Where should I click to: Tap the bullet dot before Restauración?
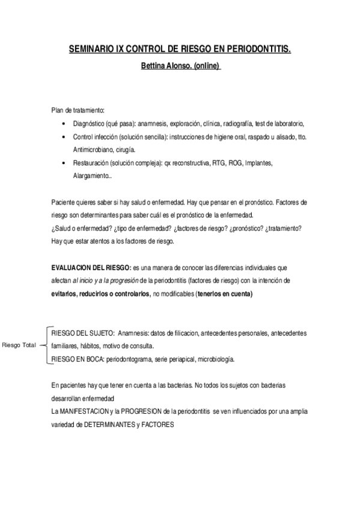pos(64,163)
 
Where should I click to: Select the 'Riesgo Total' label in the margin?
pos(19,345)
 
